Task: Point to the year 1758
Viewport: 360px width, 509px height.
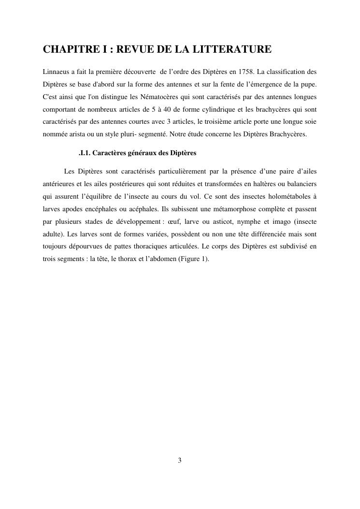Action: [246, 72]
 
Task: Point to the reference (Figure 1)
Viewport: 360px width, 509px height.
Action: [193, 259]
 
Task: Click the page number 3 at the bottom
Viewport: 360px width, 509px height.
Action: [180, 461]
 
